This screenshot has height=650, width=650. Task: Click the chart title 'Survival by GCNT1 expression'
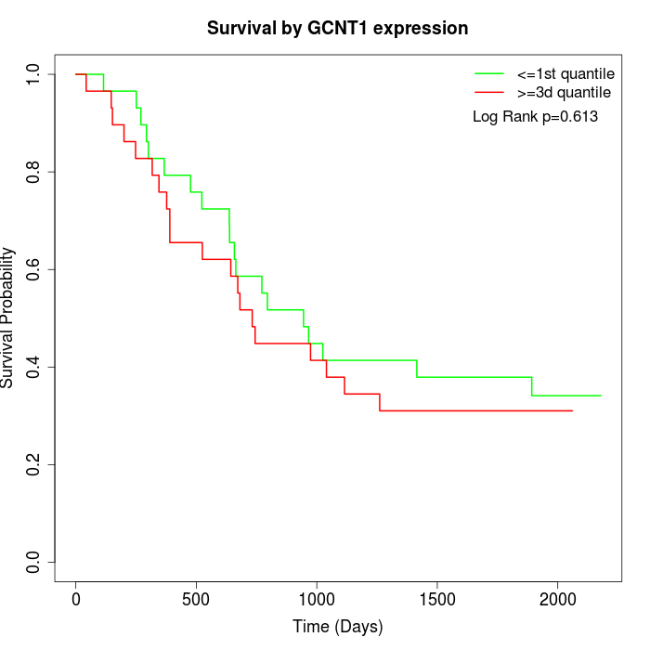coord(337,28)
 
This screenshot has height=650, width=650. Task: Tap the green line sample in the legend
coord(489,73)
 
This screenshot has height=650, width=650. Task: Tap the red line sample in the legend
coord(489,93)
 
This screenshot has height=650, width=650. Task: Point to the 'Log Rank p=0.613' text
coord(535,117)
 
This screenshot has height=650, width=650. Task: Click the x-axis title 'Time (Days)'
coord(337,627)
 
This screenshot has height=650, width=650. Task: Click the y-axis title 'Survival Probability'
coord(8,318)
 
